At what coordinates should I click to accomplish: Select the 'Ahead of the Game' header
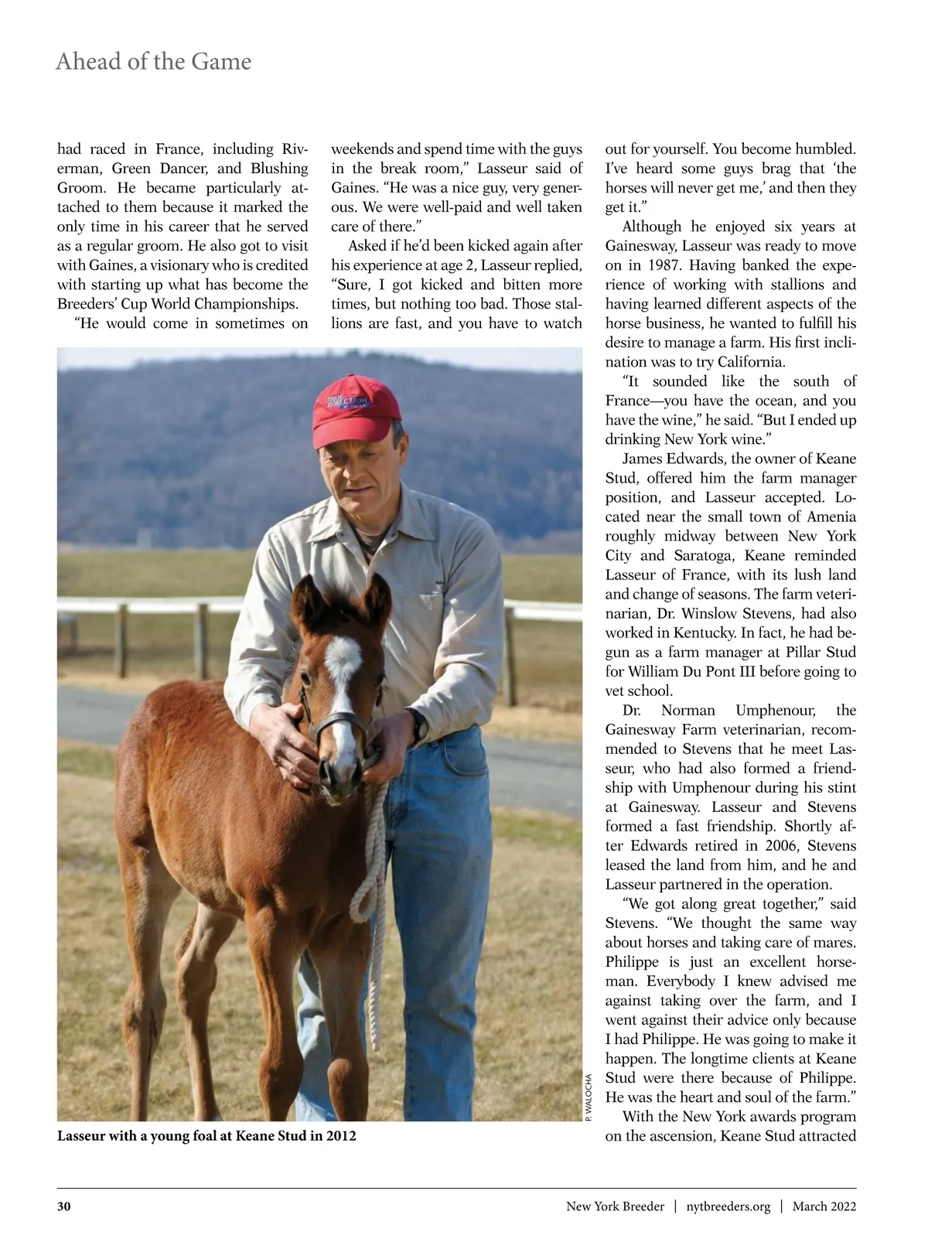point(153,62)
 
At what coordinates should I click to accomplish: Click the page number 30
point(64,1206)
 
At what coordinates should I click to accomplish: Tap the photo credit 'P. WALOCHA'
point(589,1097)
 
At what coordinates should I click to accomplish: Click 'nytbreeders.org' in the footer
point(728,1206)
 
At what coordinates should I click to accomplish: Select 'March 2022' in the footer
point(824,1206)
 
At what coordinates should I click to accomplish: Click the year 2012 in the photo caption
point(341,1136)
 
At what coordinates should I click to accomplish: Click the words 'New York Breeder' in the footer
point(615,1206)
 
